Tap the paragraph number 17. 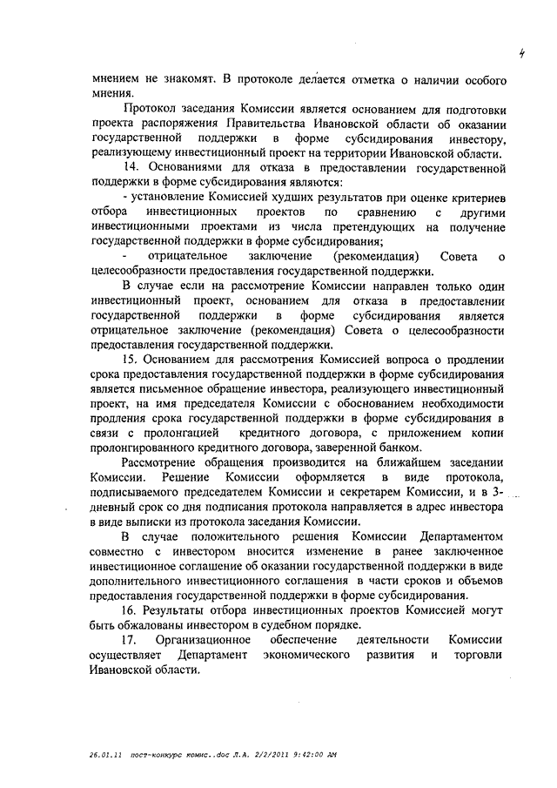(x=130, y=640)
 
